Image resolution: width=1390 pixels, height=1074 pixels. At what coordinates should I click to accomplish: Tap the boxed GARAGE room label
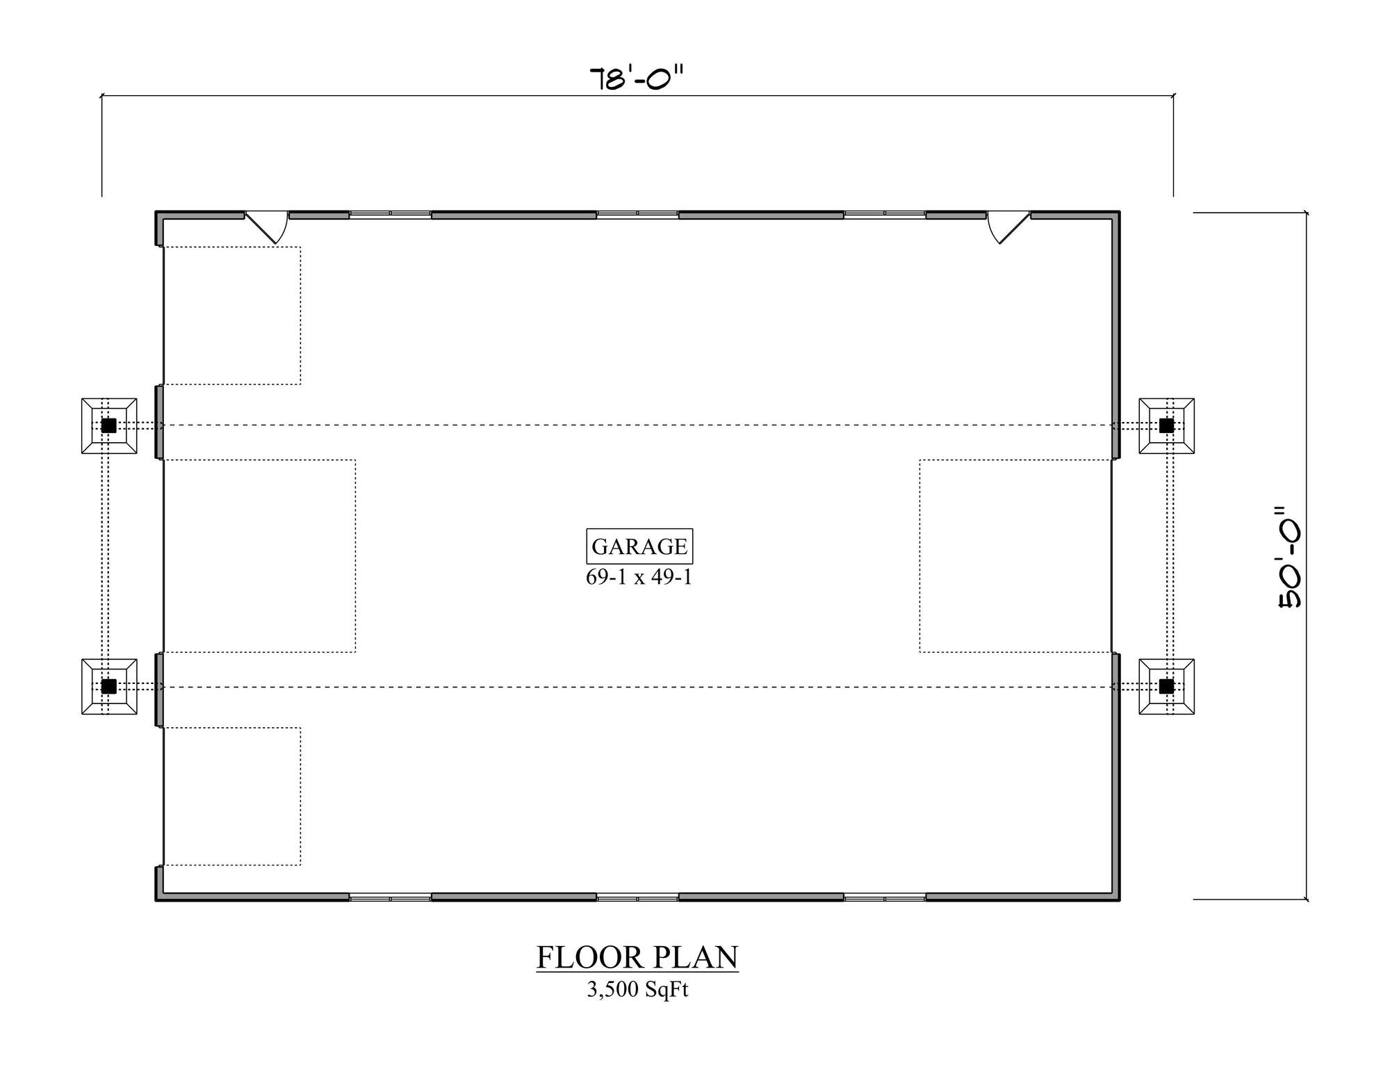click(639, 546)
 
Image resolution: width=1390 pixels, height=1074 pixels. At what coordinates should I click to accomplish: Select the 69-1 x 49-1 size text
click(639, 577)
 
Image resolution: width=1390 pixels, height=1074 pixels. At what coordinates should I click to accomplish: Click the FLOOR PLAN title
click(637, 957)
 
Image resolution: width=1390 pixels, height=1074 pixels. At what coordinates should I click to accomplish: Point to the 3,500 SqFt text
click(637, 989)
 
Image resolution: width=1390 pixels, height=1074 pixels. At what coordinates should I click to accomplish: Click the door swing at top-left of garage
click(268, 227)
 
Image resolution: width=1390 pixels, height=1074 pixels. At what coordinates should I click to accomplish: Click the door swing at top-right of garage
click(1007, 227)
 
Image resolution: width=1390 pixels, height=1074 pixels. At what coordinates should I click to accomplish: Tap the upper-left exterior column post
click(109, 425)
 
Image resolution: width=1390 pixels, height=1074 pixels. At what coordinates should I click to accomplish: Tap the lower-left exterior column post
click(109, 687)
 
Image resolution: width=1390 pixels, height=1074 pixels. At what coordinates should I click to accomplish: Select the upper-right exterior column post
click(1166, 425)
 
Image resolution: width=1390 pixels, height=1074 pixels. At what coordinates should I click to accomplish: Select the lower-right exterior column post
click(1166, 687)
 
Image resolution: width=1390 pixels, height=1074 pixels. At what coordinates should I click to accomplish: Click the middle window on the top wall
click(637, 214)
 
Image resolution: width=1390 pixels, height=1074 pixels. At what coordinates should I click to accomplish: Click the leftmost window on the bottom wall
click(390, 897)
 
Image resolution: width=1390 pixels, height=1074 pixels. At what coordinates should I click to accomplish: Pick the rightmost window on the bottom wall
click(885, 897)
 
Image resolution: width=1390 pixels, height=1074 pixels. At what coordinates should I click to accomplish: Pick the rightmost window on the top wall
click(885, 214)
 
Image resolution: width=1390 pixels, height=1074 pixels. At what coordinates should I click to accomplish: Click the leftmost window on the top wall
click(390, 214)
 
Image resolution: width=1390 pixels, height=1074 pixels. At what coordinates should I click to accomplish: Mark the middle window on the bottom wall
click(637, 897)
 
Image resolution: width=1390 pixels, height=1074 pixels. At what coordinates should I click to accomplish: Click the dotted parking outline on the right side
click(1015, 556)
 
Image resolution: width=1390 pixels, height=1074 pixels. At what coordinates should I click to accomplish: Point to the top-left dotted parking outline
click(232, 316)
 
